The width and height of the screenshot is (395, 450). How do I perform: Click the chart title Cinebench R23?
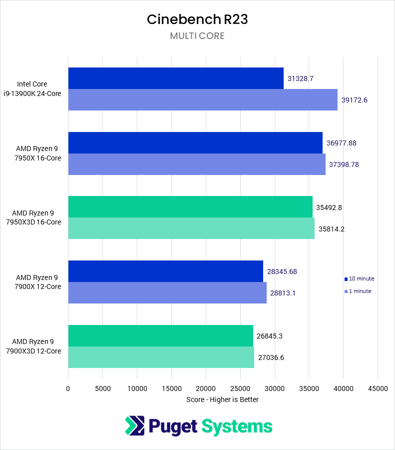[197, 19]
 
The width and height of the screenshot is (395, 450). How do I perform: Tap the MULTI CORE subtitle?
[197, 36]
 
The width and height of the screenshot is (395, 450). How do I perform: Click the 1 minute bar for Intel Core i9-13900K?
[203, 100]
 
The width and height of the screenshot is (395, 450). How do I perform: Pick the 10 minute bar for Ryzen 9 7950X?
[195, 143]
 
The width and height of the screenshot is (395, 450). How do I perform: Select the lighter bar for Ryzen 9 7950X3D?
[191, 229]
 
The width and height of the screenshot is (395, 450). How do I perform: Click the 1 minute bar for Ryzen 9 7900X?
[167, 293]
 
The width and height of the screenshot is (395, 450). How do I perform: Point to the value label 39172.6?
[355, 100]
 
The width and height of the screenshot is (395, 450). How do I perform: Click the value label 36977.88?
[342, 143]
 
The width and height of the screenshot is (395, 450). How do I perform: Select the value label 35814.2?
[332, 229]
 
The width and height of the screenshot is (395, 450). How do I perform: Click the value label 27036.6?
[271, 357]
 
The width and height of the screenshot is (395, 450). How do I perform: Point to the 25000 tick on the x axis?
[240, 388]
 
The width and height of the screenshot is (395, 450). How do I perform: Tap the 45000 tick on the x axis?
[378, 388]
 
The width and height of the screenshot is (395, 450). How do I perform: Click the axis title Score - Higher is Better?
[222, 399]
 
